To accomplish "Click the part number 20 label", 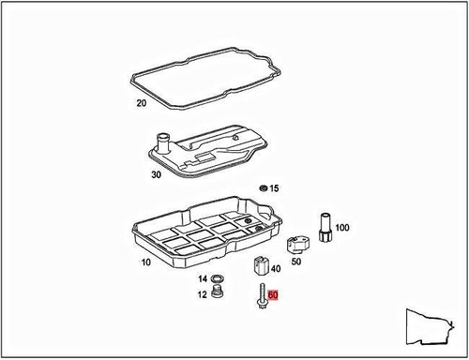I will coord(142,103).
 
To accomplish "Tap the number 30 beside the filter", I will coord(156,173).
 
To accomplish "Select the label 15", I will coord(274,189).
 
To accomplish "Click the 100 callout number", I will coord(341,228).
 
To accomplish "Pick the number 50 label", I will coord(296,262).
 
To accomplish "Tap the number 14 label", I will coord(202,279).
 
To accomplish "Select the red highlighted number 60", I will coord(274,294).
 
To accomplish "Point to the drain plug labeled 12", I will coord(219,295).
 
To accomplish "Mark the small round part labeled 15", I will coord(263,188).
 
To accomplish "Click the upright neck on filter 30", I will coord(161,143).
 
